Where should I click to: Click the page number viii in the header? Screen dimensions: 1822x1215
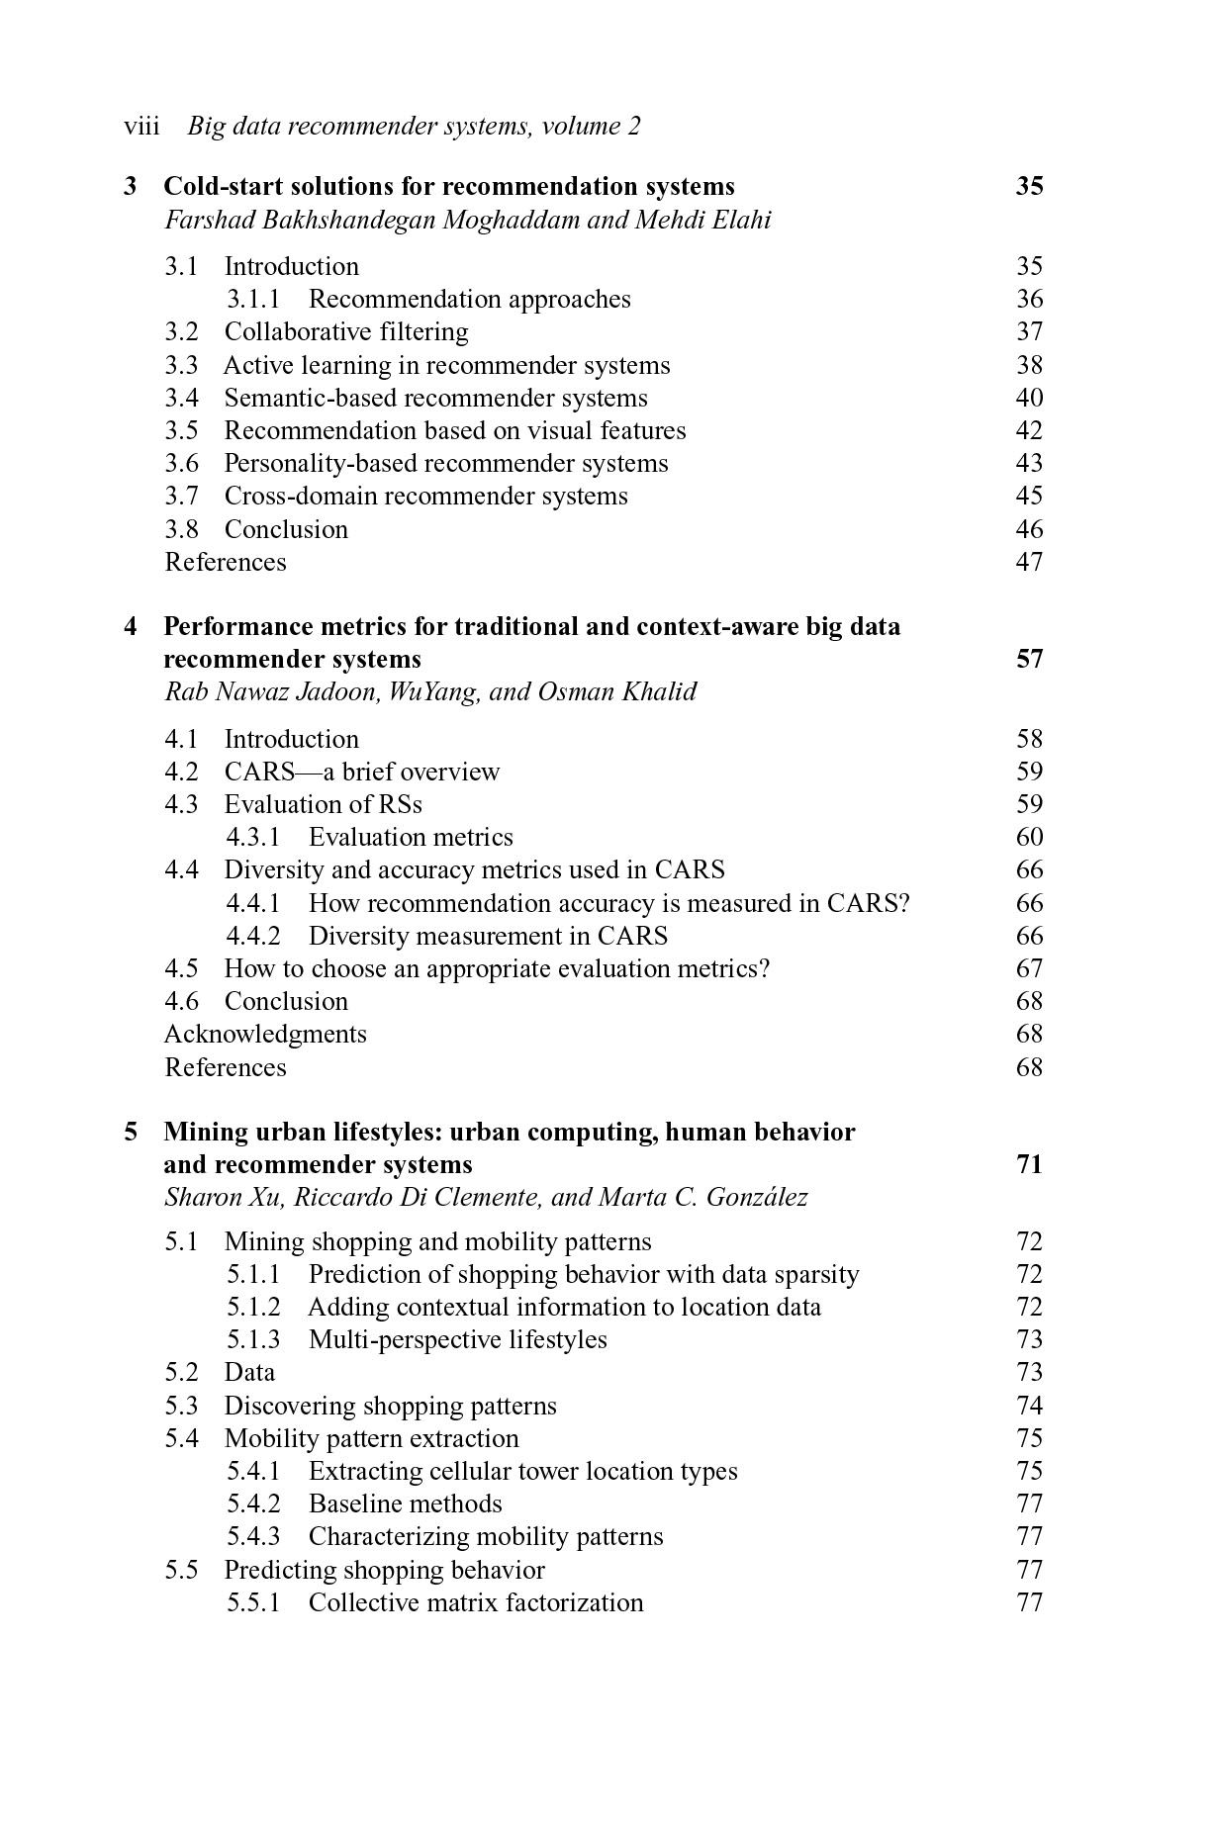point(141,127)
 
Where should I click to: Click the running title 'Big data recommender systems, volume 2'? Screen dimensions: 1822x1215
point(414,127)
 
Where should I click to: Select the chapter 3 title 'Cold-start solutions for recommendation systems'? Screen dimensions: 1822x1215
point(448,187)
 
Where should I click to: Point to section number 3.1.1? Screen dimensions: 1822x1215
point(253,300)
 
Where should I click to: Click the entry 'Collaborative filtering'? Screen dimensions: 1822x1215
point(346,332)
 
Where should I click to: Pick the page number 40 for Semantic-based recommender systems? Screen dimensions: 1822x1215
point(1029,398)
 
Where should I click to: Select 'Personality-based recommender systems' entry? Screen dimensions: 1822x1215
point(445,464)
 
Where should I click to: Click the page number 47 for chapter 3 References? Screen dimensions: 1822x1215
point(1029,562)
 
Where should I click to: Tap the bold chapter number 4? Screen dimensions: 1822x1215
point(131,627)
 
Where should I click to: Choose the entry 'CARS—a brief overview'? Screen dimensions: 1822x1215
point(361,773)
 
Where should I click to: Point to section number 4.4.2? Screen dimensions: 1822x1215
point(253,937)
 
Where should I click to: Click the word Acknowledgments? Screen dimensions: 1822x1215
point(265,1035)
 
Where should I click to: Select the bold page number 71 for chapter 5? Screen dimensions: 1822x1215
point(1029,1164)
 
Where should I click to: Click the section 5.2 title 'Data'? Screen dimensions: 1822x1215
point(249,1373)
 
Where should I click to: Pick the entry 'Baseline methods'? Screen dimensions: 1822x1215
point(405,1504)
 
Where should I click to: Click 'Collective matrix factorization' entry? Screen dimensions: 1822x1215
point(475,1602)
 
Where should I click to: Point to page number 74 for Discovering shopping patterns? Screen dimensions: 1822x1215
point(1029,1407)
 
